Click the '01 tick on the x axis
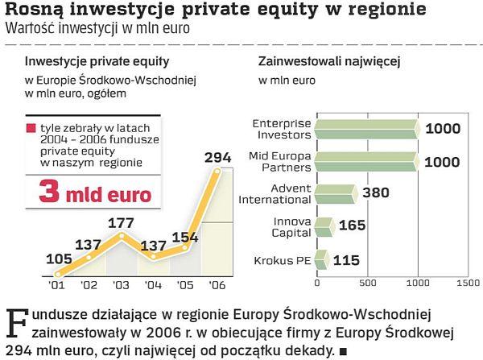click(x=58, y=284)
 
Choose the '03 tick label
click(x=120, y=284)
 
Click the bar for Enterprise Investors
click(x=366, y=129)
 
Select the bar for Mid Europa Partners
click(x=366, y=160)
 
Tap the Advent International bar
click(x=335, y=193)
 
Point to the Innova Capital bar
click(x=324, y=226)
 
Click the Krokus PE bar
click(x=321, y=259)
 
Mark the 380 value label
click(x=378, y=193)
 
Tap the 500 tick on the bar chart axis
click(x=367, y=283)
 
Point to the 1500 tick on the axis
click(x=467, y=283)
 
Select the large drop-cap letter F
click(x=16, y=324)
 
